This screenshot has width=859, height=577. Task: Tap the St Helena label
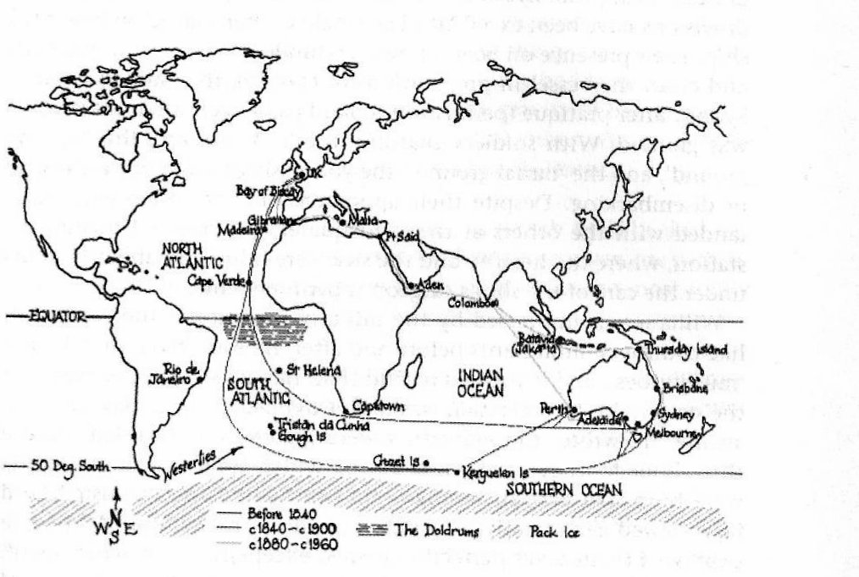point(313,369)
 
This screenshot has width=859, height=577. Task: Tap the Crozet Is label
point(394,459)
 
